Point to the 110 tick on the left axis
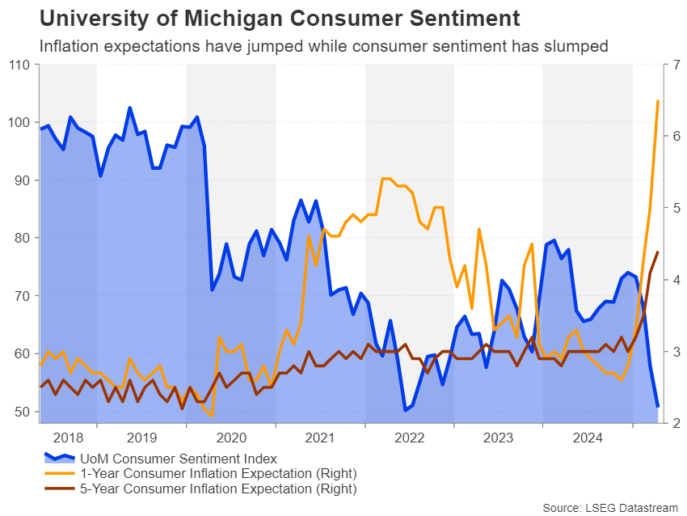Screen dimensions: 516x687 pos(17,65)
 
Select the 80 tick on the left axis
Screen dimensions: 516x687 pos(19,238)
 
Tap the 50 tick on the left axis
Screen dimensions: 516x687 pos(19,412)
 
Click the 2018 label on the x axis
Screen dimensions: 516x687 pos(68,438)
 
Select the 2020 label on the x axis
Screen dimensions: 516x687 pos(231,438)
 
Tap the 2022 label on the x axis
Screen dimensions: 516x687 pos(410,438)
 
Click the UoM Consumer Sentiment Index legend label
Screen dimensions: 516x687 pos(178,459)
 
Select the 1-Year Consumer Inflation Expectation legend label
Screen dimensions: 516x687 pos(217,473)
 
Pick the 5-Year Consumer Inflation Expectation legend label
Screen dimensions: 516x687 pos(217,489)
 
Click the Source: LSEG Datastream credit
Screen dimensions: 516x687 pos(611,507)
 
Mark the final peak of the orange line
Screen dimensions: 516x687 pos(658,101)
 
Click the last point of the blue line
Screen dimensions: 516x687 pos(658,406)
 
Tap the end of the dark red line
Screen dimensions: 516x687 pos(658,252)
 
